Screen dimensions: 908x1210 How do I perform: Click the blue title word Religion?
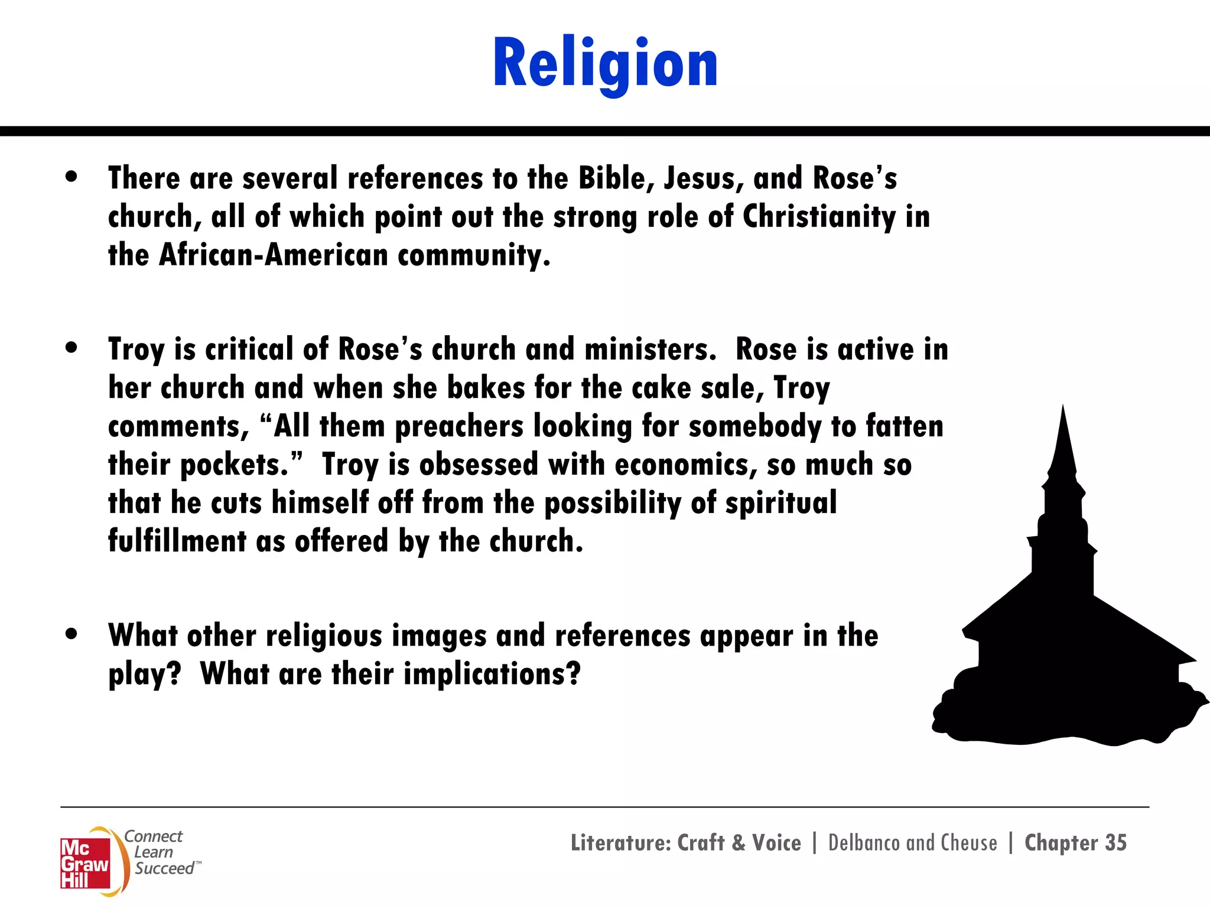click(605, 64)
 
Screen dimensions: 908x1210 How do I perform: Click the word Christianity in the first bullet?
click(819, 217)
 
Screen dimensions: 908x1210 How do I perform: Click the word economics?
click(686, 465)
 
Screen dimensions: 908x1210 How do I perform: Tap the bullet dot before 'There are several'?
click(71, 177)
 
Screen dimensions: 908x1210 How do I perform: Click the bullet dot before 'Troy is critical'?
click(71, 348)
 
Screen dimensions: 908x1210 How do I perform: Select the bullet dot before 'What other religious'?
click(71, 634)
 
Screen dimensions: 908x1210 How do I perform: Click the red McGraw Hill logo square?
click(85, 863)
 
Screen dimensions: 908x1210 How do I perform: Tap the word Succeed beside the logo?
click(164, 868)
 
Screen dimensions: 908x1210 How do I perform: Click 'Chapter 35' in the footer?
click(1075, 843)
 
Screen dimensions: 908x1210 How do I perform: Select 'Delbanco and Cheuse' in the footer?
click(912, 843)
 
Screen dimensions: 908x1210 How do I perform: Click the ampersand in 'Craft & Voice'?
click(739, 843)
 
